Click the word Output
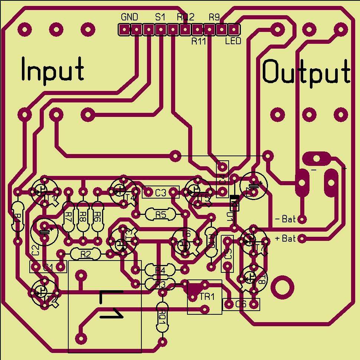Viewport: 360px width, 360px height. click(306, 72)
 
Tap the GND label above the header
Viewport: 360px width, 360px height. click(130, 17)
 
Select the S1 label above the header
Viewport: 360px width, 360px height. click(160, 17)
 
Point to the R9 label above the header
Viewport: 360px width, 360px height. click(214, 17)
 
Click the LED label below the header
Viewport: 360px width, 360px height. click(233, 41)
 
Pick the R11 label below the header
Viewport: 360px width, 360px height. click(199, 41)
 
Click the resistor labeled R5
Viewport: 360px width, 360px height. click(161, 214)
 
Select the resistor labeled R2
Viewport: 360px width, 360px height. click(85, 254)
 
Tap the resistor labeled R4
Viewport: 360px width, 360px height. click(160, 270)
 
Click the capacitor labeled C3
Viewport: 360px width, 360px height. click(161, 192)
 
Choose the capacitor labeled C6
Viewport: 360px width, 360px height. click(241, 304)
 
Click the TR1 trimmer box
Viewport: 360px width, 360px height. click(204, 297)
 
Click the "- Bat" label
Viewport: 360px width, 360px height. click(285, 219)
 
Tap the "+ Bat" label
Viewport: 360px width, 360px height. click(285, 238)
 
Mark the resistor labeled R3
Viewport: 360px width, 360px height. click(160, 284)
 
